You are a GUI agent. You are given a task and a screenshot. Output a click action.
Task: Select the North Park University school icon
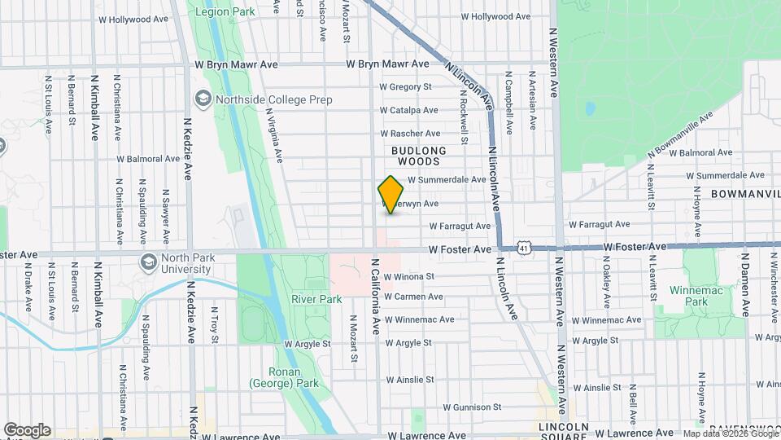149,262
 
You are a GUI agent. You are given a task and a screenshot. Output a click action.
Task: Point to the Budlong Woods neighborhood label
419,156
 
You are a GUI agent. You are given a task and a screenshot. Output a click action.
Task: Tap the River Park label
316,299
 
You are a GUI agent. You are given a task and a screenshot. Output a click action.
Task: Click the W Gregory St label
404,86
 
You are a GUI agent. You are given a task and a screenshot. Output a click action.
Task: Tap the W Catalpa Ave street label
408,110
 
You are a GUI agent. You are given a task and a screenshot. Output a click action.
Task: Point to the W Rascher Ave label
410,134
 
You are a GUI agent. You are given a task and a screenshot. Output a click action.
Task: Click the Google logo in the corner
27,430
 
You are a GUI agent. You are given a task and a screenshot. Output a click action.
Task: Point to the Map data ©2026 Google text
729,433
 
